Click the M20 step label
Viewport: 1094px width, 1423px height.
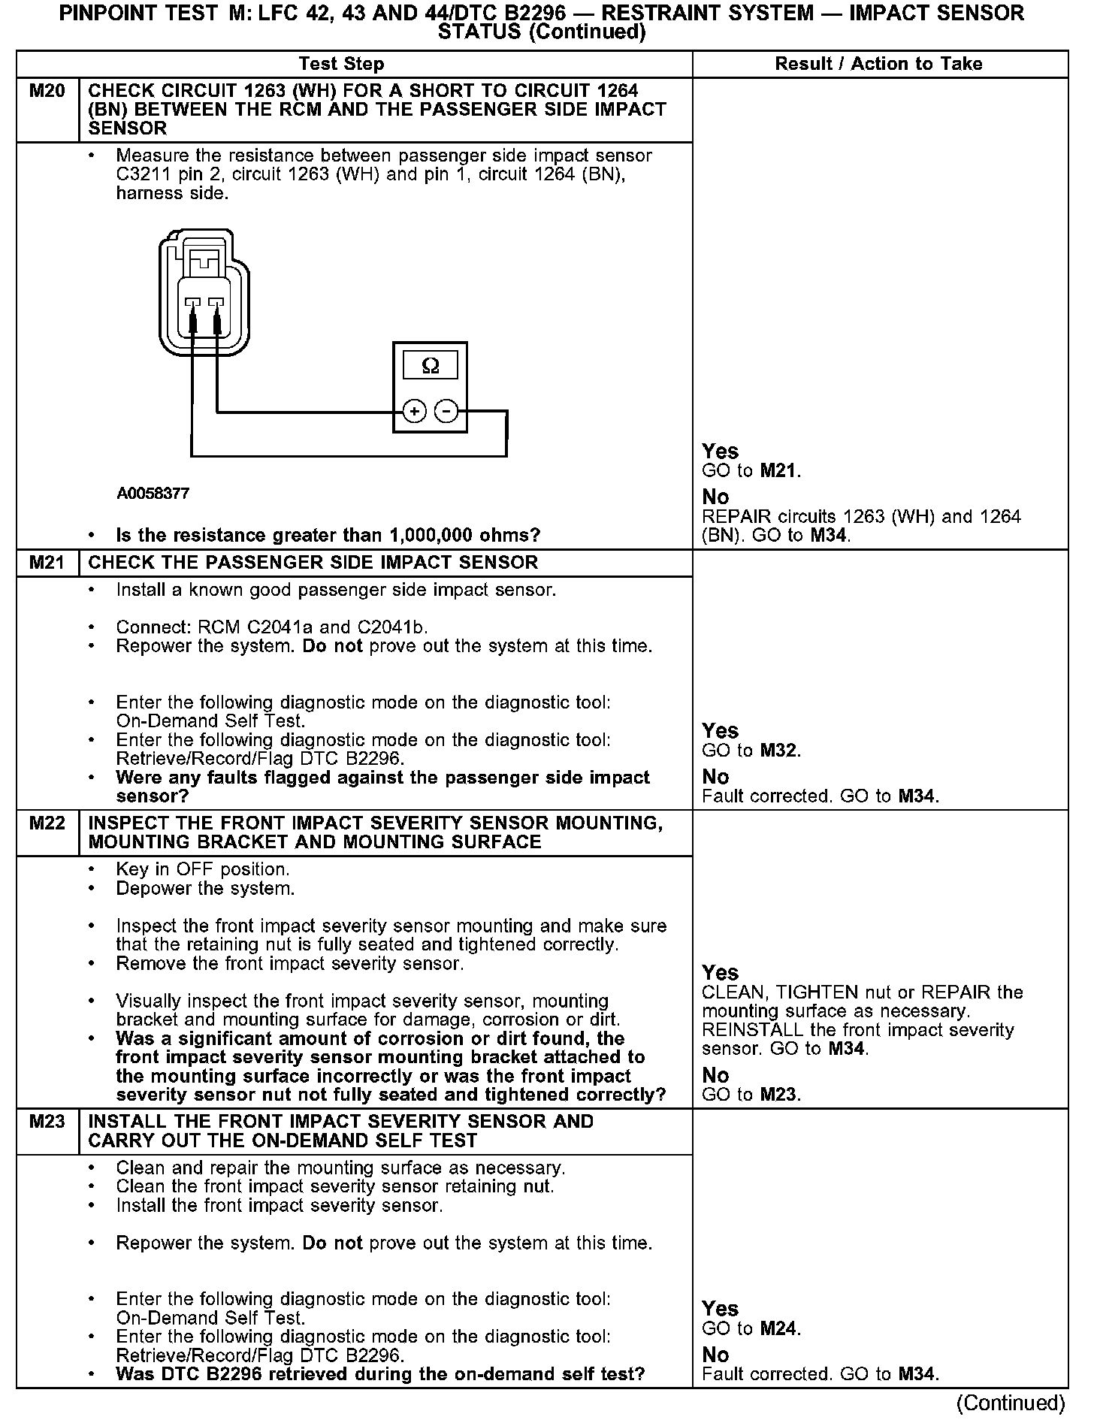[x=47, y=92]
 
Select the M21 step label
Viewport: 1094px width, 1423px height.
[x=47, y=563]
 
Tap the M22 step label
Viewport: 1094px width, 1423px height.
[x=47, y=823]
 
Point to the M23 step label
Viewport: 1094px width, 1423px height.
[x=47, y=1122]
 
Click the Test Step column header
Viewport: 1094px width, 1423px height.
[x=341, y=64]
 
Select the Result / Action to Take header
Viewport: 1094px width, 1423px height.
[x=878, y=64]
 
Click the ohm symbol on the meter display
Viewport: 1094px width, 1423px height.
[x=431, y=366]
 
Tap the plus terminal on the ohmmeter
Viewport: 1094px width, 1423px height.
[x=415, y=412]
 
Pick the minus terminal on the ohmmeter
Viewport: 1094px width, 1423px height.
[x=446, y=412]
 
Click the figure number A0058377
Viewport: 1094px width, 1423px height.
[x=153, y=494]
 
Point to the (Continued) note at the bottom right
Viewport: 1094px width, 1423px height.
[x=1011, y=1403]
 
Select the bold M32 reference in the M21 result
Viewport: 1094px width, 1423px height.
[x=779, y=751]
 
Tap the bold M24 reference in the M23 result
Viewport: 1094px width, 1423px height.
[x=779, y=1328]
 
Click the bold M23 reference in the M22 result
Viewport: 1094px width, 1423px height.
[x=779, y=1095]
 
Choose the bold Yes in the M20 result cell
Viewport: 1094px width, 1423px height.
[x=720, y=452]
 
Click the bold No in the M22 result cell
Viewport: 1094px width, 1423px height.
[x=715, y=1075]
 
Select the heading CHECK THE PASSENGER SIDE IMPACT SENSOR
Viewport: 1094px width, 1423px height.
[x=313, y=563]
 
